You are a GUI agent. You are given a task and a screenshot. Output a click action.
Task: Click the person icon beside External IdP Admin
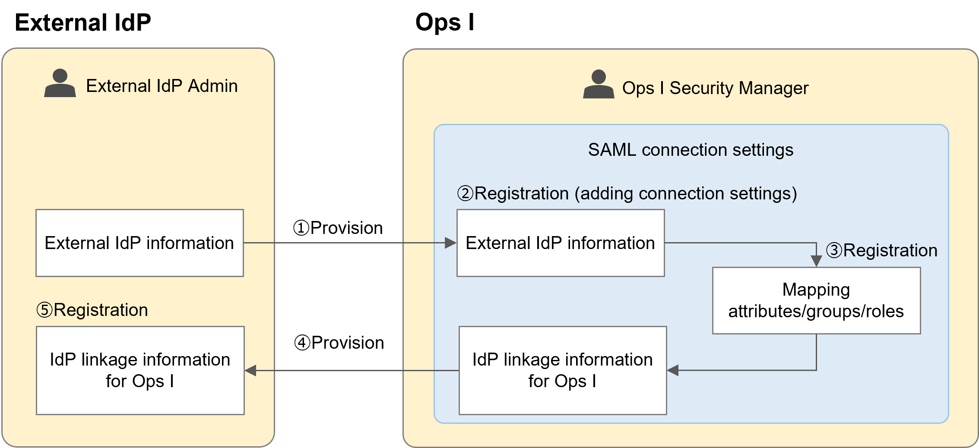(x=60, y=83)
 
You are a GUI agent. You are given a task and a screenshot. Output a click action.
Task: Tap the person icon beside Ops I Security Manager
(x=599, y=85)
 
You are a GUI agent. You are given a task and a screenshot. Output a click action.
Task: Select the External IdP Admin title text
(x=162, y=86)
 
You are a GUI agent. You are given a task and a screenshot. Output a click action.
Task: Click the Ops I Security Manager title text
(x=715, y=88)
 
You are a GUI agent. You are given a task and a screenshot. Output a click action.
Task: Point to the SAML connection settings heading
(x=690, y=150)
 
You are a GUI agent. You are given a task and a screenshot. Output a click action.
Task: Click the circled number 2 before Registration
(x=466, y=193)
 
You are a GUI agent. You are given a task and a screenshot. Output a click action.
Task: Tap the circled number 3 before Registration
(x=834, y=250)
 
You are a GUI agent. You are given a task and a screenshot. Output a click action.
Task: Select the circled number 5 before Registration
(x=44, y=310)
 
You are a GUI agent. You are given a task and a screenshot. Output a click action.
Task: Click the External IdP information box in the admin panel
(x=139, y=243)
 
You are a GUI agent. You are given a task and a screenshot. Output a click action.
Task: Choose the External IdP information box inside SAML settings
(x=561, y=243)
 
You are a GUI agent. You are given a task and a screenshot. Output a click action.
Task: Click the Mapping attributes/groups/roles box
(x=816, y=300)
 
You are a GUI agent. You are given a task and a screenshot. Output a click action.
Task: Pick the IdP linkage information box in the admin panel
(x=140, y=370)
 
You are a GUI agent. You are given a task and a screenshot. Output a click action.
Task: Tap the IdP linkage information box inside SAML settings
(x=562, y=370)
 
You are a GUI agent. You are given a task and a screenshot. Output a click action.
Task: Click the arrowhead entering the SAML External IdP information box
(x=451, y=243)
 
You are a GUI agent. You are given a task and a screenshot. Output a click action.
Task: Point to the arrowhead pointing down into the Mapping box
(x=816, y=261)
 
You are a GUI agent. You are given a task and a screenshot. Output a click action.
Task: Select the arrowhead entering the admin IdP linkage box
(x=251, y=370)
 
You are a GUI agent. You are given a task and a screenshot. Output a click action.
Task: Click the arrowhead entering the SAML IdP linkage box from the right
(x=673, y=370)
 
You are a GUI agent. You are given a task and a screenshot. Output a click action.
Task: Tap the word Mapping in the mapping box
(x=816, y=290)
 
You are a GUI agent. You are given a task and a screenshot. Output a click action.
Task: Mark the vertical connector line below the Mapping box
(x=816, y=352)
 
